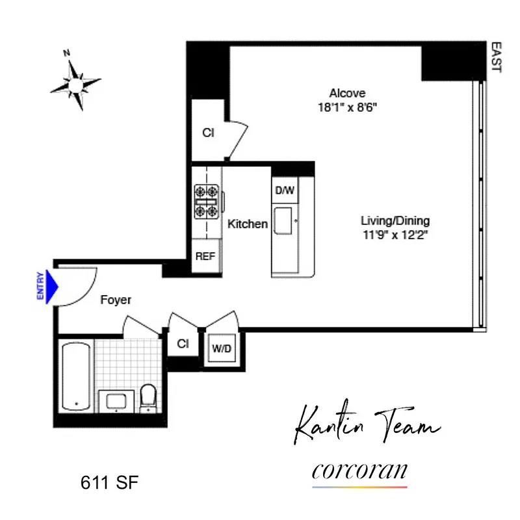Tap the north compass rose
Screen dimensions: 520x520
pos(77,83)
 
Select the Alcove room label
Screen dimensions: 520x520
pos(347,93)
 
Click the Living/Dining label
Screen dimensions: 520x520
pos(395,221)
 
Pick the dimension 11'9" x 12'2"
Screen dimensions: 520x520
pos(395,235)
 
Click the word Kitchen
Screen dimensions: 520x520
pos(247,224)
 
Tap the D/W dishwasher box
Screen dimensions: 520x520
pos(285,191)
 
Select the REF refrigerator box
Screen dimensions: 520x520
pos(205,256)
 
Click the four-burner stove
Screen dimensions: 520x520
pos(206,201)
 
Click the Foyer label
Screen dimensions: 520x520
pos(116,300)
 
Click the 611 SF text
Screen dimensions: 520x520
pos(110,483)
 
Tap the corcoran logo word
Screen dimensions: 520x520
pos(359,470)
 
